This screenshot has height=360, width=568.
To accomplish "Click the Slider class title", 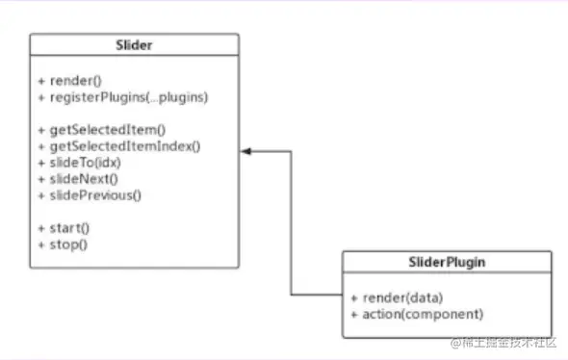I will pyautogui.click(x=134, y=44).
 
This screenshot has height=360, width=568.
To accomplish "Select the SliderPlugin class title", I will pyautogui.click(x=448, y=262).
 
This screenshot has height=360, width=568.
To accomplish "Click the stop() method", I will pyautogui.click(x=65, y=244).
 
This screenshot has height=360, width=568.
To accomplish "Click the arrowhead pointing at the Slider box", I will pyautogui.click(x=246, y=151).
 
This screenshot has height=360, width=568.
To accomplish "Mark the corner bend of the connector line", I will pyautogui.click(x=291, y=293).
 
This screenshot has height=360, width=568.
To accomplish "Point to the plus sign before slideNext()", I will pyautogui.click(x=41, y=179).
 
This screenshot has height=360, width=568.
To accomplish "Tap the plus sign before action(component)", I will pyautogui.click(x=355, y=314).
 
